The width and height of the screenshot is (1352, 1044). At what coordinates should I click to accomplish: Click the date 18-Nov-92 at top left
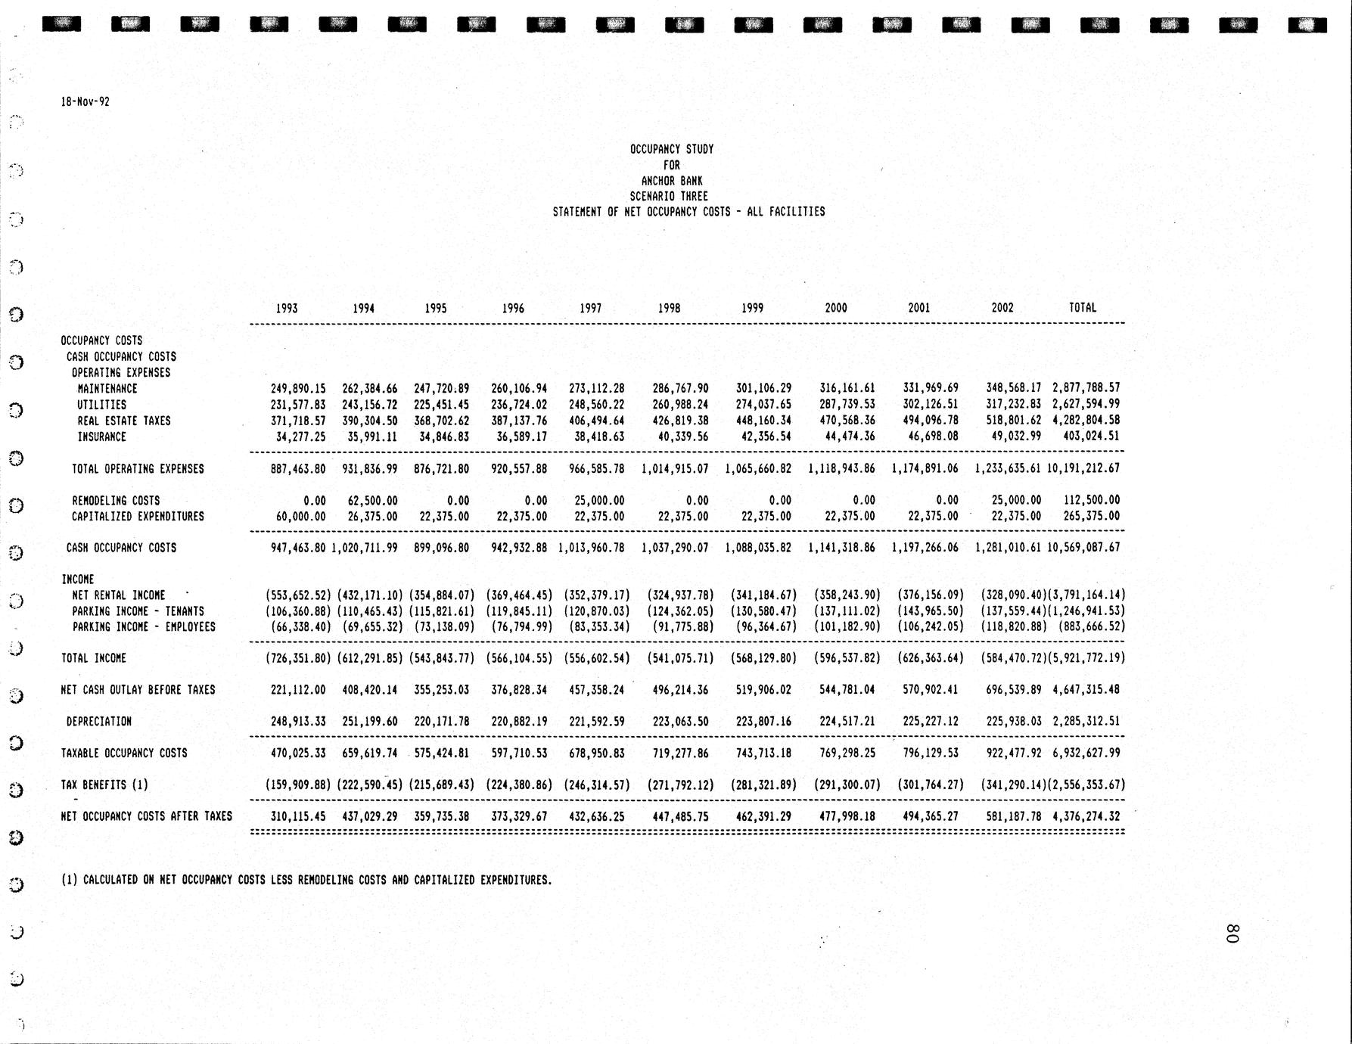tap(85, 101)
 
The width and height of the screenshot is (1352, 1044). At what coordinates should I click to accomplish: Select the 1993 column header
tap(287, 308)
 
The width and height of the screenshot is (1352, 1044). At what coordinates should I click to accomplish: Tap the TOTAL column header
tap(1082, 307)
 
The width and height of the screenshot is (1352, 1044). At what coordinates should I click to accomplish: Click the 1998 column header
tap(669, 308)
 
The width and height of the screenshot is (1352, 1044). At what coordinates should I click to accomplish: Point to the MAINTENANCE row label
tap(107, 389)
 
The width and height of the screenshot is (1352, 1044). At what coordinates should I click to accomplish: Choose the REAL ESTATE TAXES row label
tap(124, 421)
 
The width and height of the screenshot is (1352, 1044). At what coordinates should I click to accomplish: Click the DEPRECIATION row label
tap(99, 722)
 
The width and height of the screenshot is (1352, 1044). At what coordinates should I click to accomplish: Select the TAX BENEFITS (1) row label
tap(104, 785)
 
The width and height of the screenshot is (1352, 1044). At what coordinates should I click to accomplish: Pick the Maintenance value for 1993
tap(298, 388)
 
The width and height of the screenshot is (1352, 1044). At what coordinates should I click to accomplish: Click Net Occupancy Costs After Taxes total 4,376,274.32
tap(1086, 816)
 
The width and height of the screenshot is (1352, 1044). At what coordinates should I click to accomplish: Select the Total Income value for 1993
tap(298, 658)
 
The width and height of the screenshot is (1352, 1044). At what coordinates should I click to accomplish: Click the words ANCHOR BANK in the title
tap(672, 181)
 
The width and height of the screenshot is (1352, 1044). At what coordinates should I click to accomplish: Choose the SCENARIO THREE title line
tap(669, 196)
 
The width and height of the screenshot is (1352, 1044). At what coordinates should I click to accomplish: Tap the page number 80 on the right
tap(1231, 933)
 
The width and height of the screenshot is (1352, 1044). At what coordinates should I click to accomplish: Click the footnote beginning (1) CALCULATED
tap(306, 880)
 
